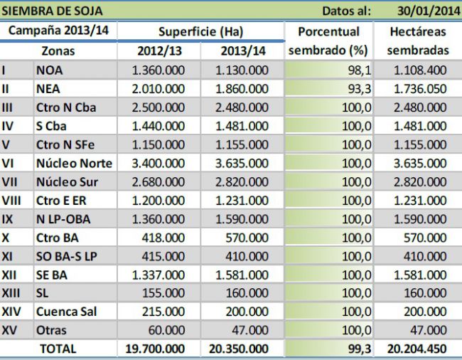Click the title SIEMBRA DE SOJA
pos(53,11)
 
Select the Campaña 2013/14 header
pos(59,31)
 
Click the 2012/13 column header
pos(159,51)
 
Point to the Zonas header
pos(58,51)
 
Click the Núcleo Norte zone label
pos(74,163)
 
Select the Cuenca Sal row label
pos(66,312)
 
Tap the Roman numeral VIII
pos(11,200)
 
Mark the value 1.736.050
pos(420,89)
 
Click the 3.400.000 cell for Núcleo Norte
pos(159,163)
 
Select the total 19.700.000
pos(155,349)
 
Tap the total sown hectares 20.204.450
pos(417,349)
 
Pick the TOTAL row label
pos(58,349)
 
